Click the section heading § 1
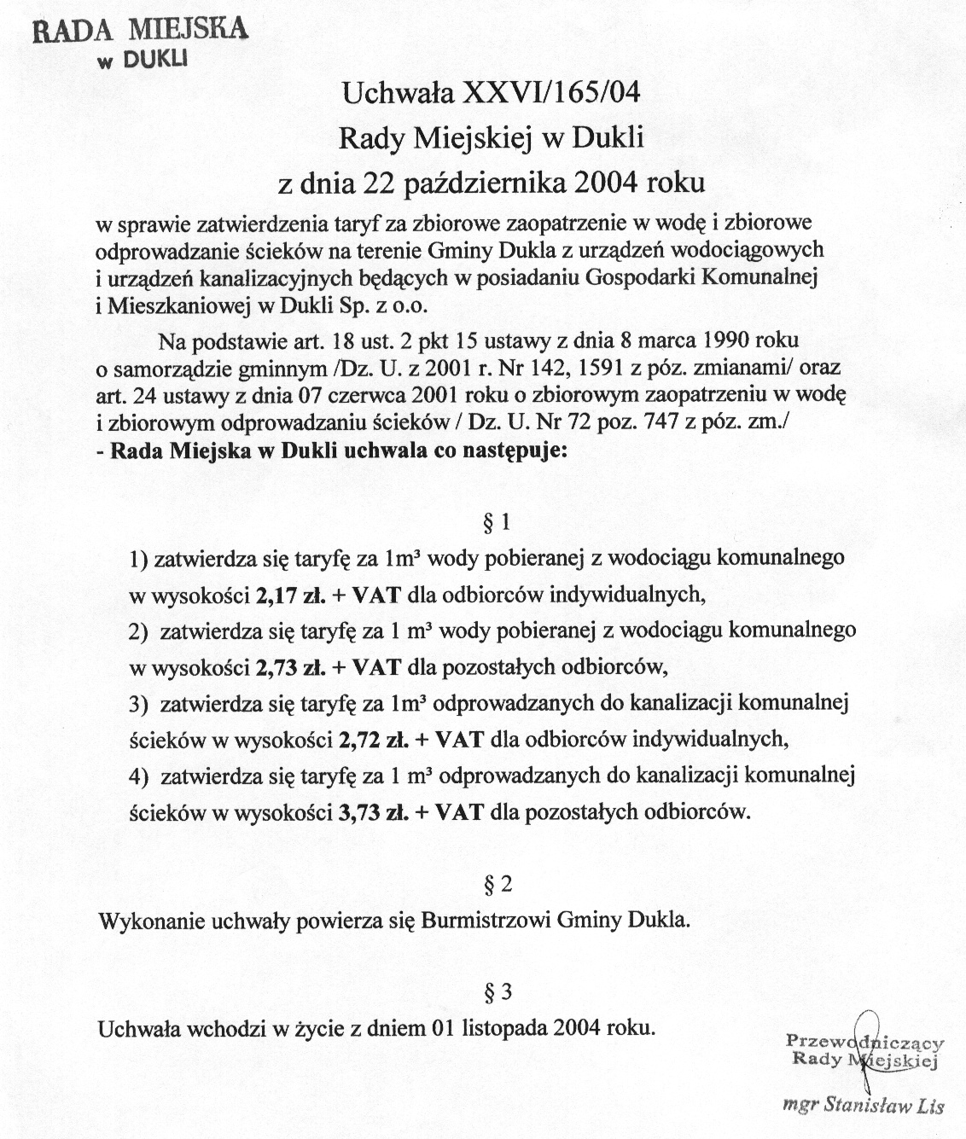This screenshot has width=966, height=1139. pos(498,523)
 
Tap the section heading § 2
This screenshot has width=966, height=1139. pos(498,886)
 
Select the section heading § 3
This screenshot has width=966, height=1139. pos(498,992)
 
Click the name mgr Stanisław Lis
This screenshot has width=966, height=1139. pos(864,1105)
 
